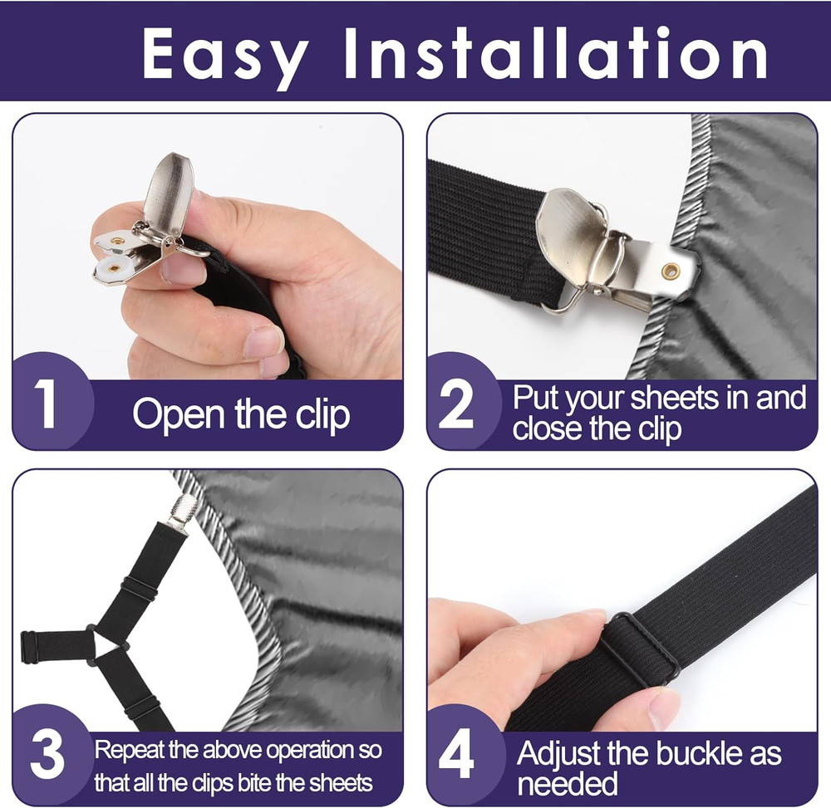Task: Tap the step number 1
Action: click(x=46, y=406)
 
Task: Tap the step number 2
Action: click(x=455, y=406)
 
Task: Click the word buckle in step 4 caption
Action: click(x=701, y=754)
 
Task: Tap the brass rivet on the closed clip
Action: click(x=670, y=271)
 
